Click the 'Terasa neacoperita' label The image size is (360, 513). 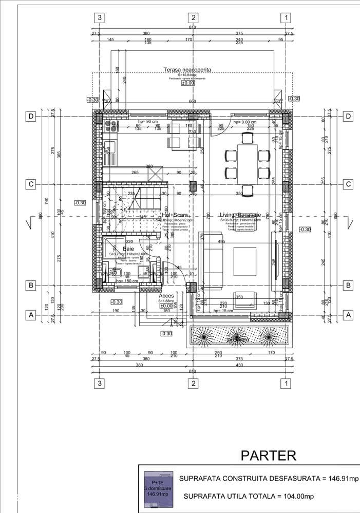coord(187,69)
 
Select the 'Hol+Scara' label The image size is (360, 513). coord(176,215)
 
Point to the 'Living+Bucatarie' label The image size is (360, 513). coord(241,215)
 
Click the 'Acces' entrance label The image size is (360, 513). coord(166,296)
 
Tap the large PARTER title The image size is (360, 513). coord(269,455)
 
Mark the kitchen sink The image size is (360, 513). coord(108,150)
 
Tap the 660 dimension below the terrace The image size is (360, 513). coord(193,101)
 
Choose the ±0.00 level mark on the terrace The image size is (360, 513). coord(187,82)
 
